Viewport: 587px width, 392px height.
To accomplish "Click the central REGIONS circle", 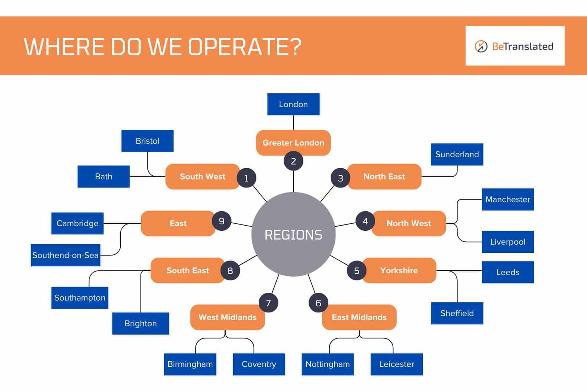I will click(293, 234).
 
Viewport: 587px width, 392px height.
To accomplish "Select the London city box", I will click(293, 104).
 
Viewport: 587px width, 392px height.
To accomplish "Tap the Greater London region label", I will click(293, 143).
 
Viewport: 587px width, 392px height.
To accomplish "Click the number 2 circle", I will click(293, 161).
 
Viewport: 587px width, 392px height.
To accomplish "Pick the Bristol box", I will click(147, 141).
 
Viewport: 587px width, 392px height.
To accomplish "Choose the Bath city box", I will click(103, 176).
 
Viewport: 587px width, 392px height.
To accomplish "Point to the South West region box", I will click(202, 176).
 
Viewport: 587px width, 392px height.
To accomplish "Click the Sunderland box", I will click(457, 154).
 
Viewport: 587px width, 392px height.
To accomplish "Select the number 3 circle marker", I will click(340, 178).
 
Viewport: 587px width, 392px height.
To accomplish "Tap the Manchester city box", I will click(507, 199).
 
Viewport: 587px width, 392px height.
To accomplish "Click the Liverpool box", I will click(507, 242).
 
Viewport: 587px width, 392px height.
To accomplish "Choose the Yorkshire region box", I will click(399, 270).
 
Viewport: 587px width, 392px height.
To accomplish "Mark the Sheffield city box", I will click(457, 313).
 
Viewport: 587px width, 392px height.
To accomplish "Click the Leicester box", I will click(396, 364).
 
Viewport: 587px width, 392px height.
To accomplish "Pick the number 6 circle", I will click(318, 303).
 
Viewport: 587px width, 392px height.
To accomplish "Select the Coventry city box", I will click(259, 364).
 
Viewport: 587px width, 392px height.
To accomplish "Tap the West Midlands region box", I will click(227, 317).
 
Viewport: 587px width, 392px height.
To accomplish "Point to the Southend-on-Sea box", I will click(65, 255).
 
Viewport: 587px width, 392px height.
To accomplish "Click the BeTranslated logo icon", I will click(481, 46).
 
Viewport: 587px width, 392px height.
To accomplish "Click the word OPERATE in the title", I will click(245, 47).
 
